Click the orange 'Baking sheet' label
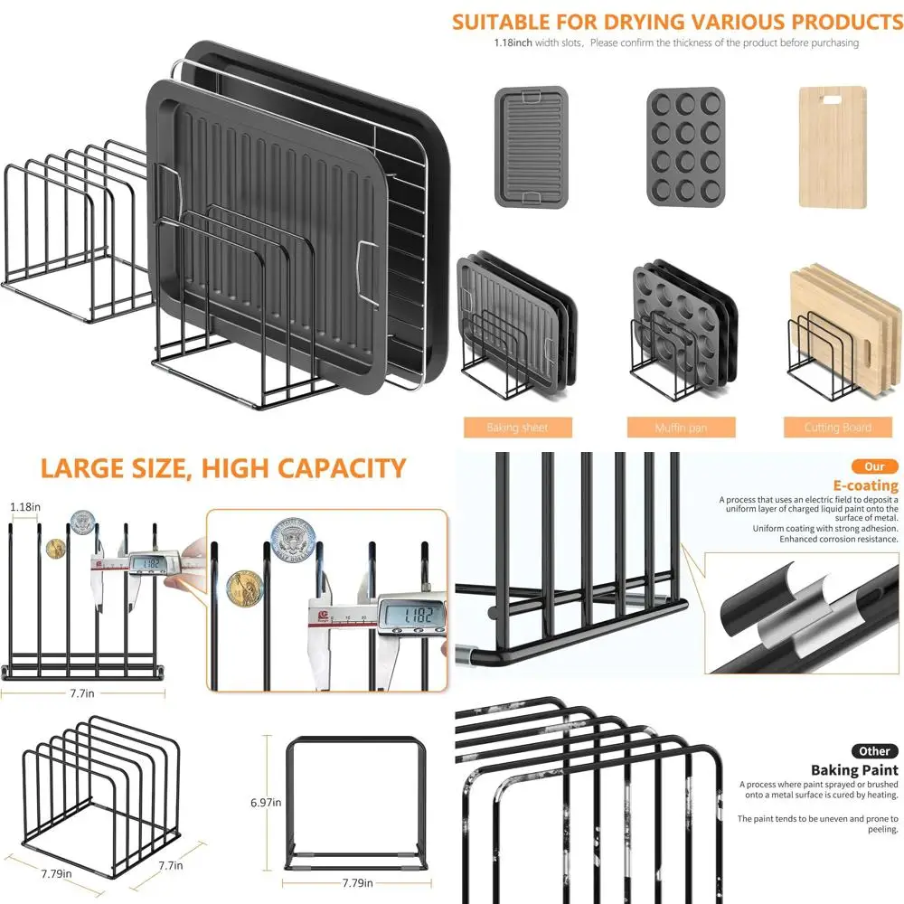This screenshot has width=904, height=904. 516,428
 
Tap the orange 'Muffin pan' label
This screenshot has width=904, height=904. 681,428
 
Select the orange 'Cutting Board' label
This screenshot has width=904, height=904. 837,428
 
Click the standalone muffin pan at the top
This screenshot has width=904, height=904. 685,146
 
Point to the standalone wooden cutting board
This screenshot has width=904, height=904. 832,146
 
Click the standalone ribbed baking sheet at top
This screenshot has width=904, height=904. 532,146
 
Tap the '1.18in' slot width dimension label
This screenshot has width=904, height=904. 24,507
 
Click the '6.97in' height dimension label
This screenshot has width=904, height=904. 265,802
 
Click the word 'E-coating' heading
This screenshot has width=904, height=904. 865,485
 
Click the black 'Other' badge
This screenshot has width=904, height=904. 874,751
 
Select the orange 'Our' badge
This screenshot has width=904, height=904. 874,466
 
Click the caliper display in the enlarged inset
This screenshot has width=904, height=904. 412,615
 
